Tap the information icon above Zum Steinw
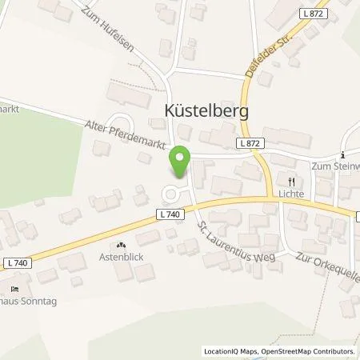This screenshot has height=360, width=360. click(343, 155)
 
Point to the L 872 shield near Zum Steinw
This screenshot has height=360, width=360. click(249, 142)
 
